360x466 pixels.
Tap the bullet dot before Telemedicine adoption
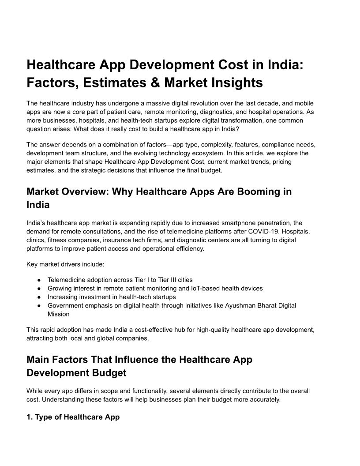39,280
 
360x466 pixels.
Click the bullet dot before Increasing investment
39,297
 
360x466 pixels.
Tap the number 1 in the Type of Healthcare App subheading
29,417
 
